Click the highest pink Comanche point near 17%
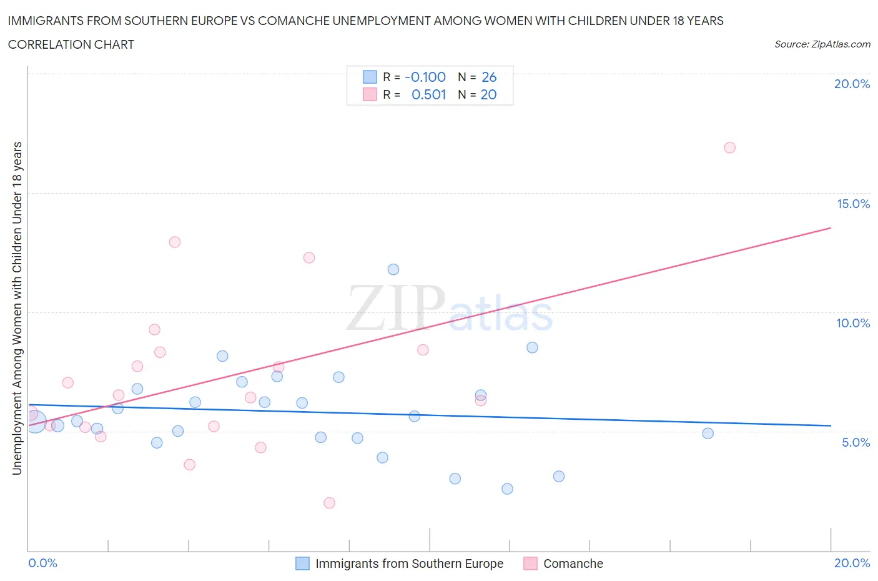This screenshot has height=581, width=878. point(729,147)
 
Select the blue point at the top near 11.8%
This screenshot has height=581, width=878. point(393,269)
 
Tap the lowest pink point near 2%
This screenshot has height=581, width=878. point(329,503)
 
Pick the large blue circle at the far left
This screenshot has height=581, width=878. point(35,422)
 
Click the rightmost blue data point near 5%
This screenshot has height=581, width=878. point(708,433)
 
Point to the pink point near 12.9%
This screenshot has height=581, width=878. point(175,242)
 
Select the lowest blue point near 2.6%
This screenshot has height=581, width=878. point(507,489)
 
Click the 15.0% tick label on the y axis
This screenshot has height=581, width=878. point(853,204)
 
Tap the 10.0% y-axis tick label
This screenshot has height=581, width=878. point(853,323)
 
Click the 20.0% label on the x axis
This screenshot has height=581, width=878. point(852,563)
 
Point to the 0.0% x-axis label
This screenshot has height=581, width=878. point(43,563)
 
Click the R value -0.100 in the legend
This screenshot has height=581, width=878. point(425,77)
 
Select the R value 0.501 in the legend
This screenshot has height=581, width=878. point(429,94)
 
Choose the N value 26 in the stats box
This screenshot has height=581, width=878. point(489,77)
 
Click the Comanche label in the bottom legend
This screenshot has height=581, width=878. point(573,564)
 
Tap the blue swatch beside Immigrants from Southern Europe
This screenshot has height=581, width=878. point(302,564)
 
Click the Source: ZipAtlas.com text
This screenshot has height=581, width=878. point(822,44)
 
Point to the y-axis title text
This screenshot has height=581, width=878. point(17,308)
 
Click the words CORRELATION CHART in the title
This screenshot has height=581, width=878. point(71,44)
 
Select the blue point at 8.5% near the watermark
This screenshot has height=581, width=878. point(532,347)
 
